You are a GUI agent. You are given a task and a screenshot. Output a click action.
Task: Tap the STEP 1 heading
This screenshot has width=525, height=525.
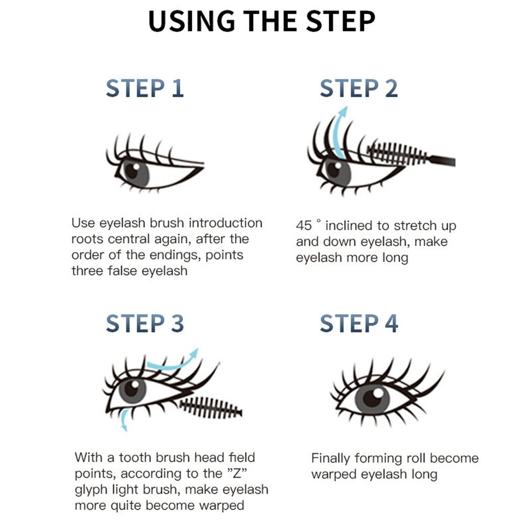point(145,88)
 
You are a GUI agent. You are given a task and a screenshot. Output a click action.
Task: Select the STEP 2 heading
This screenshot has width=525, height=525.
point(359,88)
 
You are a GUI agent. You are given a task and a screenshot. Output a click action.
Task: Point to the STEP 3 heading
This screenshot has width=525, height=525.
point(145,323)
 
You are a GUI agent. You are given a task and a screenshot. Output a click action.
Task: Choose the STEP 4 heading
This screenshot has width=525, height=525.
point(359,323)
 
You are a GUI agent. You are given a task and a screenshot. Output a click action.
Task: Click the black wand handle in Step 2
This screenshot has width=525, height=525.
point(442,161)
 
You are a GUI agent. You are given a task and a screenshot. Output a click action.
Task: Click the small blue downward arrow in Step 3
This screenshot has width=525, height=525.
point(124,419)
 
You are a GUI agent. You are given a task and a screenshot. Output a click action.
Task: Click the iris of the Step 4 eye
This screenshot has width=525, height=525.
point(373,398)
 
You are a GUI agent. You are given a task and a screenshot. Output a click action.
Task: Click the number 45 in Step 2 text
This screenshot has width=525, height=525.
point(304,226)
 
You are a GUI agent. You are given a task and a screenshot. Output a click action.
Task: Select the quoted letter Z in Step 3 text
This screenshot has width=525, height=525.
point(237,473)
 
